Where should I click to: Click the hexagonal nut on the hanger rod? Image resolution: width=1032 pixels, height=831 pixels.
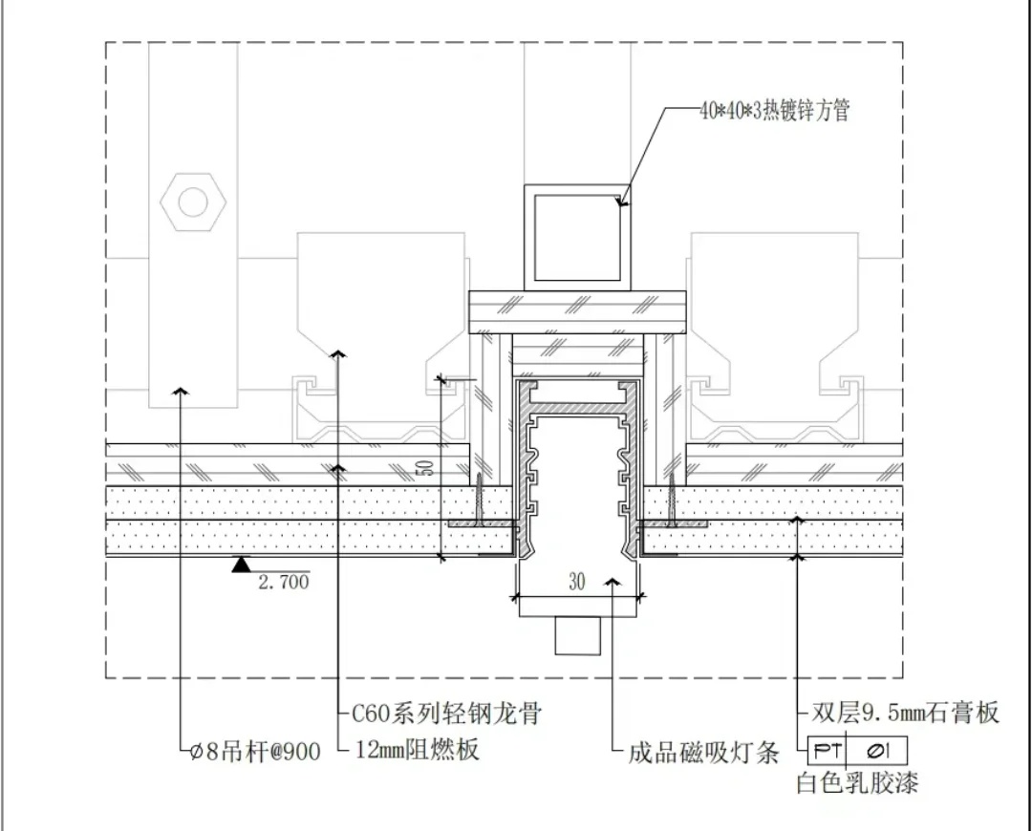(x=193, y=202)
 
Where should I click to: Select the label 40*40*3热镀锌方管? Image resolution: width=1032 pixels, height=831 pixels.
(x=773, y=111)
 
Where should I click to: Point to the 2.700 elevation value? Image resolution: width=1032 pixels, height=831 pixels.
(x=284, y=581)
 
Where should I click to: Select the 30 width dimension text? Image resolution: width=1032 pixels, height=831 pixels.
(x=576, y=582)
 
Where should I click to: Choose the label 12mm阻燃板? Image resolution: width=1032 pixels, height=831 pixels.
(x=416, y=751)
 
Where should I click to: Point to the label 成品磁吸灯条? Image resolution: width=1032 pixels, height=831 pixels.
(x=703, y=754)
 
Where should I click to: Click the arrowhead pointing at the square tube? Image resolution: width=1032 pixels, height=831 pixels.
(x=622, y=201)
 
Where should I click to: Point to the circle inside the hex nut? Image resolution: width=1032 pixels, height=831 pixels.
(x=193, y=202)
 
